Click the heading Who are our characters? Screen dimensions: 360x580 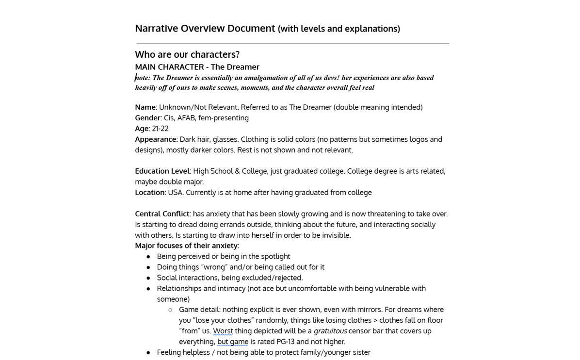[x=187, y=54]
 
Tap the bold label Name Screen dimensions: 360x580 [x=145, y=107]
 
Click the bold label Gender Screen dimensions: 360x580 [x=147, y=118]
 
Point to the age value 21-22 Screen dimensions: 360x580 [x=160, y=129]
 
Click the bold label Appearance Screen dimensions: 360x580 [x=155, y=139]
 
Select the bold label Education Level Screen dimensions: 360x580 [x=162, y=171]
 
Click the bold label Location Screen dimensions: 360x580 [x=149, y=193]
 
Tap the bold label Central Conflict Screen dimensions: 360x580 [x=162, y=214]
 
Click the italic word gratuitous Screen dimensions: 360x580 [x=330, y=331]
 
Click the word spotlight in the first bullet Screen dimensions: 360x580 [x=275, y=256]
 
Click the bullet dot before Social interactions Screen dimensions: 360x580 [x=148, y=278]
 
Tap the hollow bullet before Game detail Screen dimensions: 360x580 [x=170, y=310]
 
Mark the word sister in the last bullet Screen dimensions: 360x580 [x=359, y=352]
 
